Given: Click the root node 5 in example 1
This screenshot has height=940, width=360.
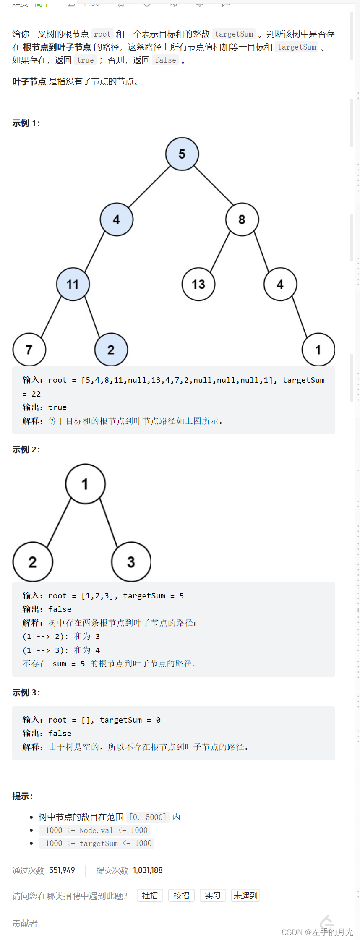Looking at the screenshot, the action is tap(182, 154).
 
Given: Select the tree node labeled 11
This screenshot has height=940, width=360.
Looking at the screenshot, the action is tap(73, 285).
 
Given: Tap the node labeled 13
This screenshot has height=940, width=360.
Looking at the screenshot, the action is tap(198, 285).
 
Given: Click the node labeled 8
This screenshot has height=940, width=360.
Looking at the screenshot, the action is tap(242, 219).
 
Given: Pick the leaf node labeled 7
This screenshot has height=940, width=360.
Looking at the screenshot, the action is tap(29, 350).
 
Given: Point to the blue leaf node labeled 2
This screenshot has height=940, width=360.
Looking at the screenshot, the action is tap(111, 350).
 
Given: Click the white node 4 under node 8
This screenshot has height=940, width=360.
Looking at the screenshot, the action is tap(280, 285).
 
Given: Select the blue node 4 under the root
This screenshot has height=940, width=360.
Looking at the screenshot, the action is tap(116, 219).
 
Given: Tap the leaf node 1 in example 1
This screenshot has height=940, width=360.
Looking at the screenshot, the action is tap(318, 350).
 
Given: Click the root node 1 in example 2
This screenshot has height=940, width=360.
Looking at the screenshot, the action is tap(85, 484).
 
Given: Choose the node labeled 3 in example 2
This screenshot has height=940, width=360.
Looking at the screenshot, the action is tap(131, 562).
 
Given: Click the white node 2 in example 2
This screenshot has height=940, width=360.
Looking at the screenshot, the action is tap(33, 562).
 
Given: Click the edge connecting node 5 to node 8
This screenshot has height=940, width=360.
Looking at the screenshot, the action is tap(213, 185).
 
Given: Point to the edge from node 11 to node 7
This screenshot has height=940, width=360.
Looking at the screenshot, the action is tap(51, 317).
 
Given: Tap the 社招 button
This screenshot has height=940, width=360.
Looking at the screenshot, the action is tap(150, 896).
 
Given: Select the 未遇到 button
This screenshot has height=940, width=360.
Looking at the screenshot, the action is tap(245, 896).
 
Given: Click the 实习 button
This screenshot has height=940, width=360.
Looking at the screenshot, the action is tap(213, 896).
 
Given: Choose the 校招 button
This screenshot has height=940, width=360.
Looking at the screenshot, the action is tap(181, 896).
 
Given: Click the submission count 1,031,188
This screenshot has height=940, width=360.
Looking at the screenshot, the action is tap(148, 870).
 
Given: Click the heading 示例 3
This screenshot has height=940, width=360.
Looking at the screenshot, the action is tap(26, 692).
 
